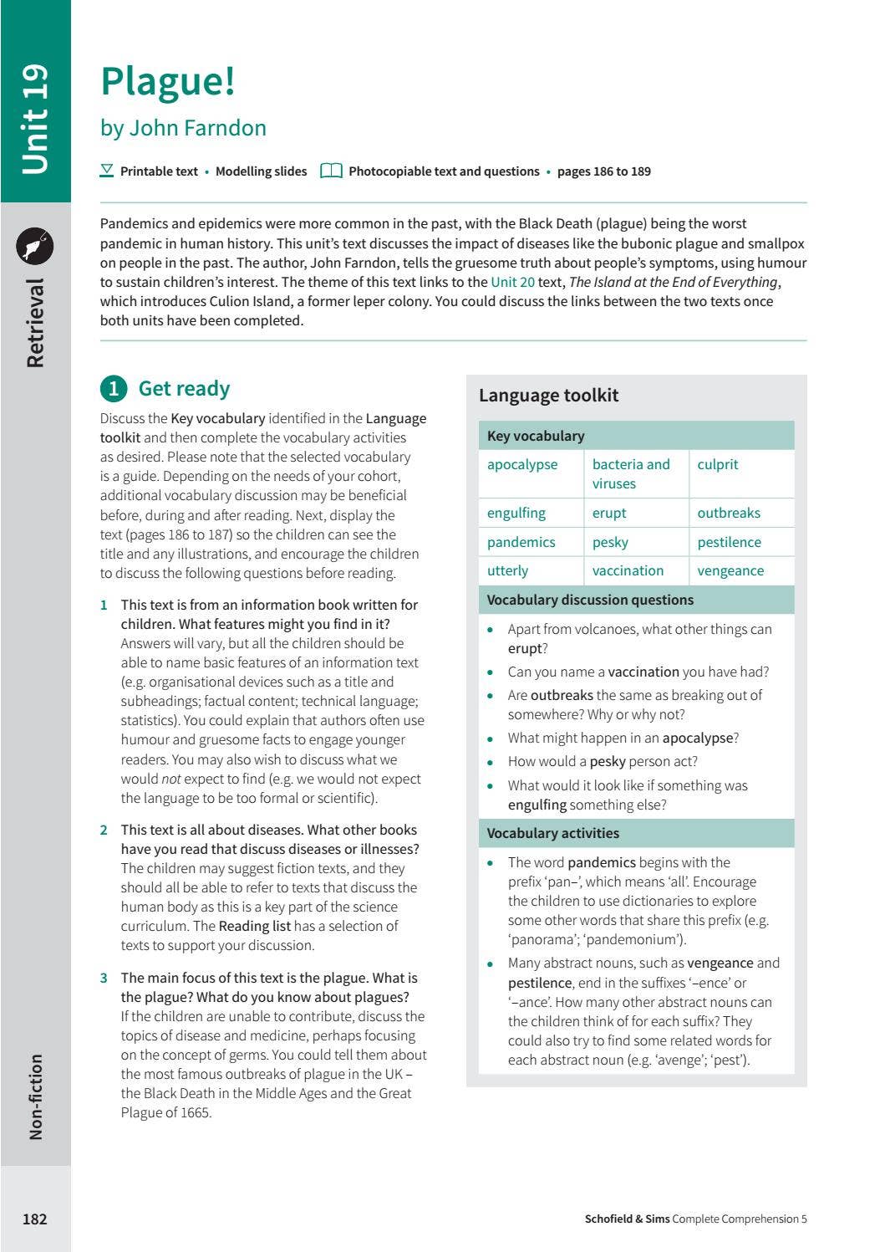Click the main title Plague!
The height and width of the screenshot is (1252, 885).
coord(168,81)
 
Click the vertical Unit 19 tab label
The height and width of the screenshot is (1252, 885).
coord(35,119)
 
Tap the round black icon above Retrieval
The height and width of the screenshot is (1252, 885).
coord(35,246)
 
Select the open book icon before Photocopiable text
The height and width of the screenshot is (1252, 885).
coord(331,171)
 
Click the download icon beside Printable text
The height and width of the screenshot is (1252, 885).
coord(107,171)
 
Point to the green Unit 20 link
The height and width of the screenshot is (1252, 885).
coord(512,282)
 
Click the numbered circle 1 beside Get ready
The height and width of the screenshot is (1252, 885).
coord(114,389)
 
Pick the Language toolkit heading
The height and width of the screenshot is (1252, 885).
coord(548,395)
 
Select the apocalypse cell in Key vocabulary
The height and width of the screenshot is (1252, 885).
coord(522,464)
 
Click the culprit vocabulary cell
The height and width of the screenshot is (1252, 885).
coord(718,464)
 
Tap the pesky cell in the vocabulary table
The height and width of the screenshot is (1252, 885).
coord(610,542)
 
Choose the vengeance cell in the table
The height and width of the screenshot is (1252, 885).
coord(730,570)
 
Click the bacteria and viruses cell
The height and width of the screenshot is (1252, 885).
coord(631,473)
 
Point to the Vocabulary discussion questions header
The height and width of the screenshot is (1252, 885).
coord(590,600)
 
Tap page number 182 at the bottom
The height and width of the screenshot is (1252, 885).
coord(34,1219)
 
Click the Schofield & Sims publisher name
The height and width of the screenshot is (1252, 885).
coord(627,1219)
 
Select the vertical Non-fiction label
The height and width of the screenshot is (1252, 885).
coord(35,1096)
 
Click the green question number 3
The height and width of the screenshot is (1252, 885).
coord(104,978)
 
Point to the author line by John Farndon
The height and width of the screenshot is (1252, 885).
coord(183,128)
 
